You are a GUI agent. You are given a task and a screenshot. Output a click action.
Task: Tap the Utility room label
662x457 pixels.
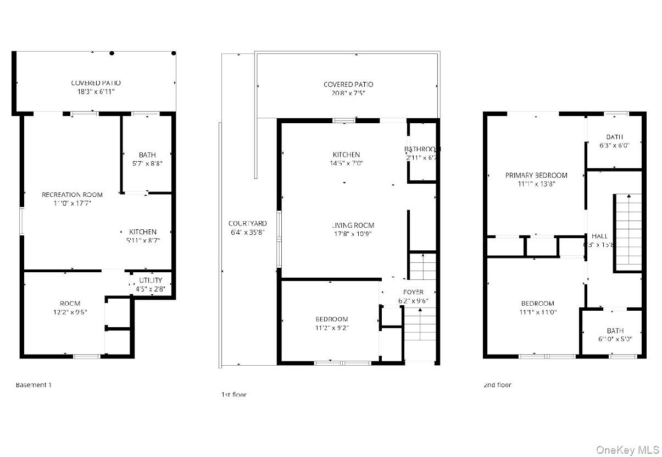(150, 280)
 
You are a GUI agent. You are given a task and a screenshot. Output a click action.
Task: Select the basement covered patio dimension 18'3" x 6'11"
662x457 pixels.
(96, 92)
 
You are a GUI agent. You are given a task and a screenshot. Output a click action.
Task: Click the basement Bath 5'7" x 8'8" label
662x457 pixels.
(147, 155)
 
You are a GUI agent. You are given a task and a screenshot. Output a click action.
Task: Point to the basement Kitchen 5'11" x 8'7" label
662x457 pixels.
(143, 232)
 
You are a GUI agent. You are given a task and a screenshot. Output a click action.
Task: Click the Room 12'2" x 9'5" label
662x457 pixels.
(70, 304)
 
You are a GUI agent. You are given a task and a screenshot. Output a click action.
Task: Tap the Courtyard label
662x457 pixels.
(248, 223)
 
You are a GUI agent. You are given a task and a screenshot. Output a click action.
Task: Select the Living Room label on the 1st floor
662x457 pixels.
(353, 225)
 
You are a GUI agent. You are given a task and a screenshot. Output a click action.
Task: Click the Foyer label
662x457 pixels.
(413, 292)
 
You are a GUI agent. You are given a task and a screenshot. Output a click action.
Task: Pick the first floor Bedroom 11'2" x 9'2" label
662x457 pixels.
(331, 320)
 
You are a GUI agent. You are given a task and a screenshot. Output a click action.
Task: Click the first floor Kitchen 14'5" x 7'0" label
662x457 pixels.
(346, 155)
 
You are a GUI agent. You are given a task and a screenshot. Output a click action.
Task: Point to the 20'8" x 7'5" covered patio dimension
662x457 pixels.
(348, 93)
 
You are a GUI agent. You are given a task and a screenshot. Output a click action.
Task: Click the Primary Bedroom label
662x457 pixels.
(536, 175)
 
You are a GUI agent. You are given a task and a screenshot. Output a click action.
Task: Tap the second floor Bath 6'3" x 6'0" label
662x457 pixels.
(615, 137)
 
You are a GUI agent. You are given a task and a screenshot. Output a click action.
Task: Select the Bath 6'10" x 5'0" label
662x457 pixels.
(615, 331)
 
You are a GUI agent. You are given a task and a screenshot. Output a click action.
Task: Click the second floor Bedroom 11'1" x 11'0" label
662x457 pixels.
(537, 304)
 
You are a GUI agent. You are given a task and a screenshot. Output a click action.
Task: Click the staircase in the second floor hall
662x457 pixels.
(627, 231)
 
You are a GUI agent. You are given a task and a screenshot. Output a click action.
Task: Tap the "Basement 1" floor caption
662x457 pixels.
(34, 385)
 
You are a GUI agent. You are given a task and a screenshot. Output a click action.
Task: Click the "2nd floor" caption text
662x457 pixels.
(497, 385)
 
